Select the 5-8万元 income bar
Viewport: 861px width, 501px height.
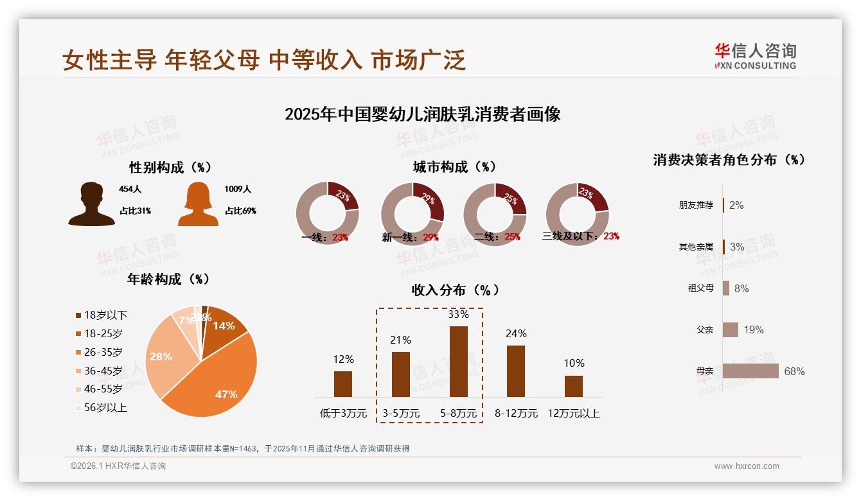[x=458, y=361]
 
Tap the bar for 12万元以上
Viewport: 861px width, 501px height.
[x=573, y=386]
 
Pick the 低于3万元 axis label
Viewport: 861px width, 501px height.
[x=343, y=414]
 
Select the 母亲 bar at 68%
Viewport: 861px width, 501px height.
[x=750, y=371]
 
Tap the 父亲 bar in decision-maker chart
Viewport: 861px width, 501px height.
[x=731, y=330]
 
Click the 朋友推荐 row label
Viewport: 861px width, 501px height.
[x=696, y=206]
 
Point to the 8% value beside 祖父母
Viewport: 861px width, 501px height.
[x=741, y=288]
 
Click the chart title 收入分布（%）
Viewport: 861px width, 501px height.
[x=455, y=290]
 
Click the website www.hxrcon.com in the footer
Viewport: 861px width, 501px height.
[x=747, y=466]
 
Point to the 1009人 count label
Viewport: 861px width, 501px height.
[x=238, y=189]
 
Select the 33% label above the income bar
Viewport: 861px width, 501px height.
[x=458, y=315]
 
